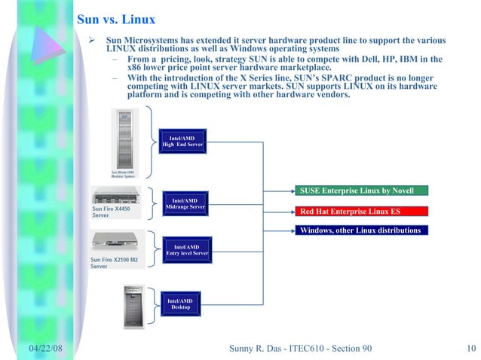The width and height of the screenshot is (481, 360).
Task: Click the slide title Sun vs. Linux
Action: point(117,20)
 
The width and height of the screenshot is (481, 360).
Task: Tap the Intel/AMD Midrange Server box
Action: point(184,204)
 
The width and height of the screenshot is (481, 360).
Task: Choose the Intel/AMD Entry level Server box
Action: point(186,250)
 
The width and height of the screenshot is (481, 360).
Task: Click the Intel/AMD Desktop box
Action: point(180,304)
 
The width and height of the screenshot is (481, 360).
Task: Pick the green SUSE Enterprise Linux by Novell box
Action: point(359,191)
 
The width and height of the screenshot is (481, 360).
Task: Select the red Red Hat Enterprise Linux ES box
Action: point(359,211)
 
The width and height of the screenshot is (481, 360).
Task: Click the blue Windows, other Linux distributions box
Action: point(359,230)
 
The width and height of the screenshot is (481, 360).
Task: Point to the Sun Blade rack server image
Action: point(124,139)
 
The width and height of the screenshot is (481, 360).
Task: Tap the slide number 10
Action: point(469,346)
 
